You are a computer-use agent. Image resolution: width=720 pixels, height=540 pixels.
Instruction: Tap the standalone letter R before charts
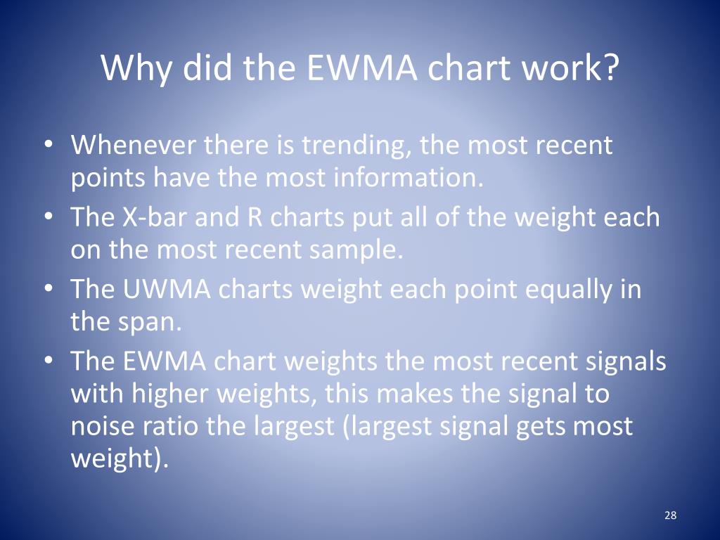(255, 217)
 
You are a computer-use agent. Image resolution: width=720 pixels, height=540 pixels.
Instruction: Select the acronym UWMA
(167, 289)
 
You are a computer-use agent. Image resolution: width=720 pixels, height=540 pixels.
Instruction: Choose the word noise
(103, 426)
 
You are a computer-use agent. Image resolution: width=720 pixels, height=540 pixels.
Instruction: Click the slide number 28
(670, 515)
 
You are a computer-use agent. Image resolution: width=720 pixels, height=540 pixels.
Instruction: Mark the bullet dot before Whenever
(49, 143)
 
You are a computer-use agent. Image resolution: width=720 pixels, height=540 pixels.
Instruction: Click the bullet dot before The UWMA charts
(49, 288)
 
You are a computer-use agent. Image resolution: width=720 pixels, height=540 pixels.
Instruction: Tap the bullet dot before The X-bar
(49, 217)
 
